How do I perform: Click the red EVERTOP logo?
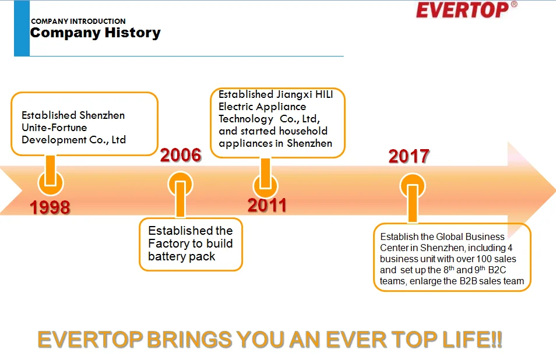click(x=462, y=10)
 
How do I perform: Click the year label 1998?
click(x=50, y=207)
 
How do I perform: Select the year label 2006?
click(x=181, y=155)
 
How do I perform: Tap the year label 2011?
click(x=267, y=205)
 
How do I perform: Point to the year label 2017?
click(x=409, y=156)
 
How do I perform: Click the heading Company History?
click(x=96, y=33)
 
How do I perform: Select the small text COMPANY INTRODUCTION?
click(x=78, y=21)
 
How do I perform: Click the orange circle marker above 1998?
click(x=51, y=183)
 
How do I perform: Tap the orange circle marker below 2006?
click(x=180, y=185)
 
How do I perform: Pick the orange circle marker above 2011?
click(x=265, y=186)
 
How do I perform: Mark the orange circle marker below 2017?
click(x=413, y=186)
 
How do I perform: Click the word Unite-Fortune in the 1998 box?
click(x=54, y=128)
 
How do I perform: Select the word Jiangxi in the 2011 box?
click(x=294, y=95)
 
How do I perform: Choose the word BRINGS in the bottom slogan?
click(x=190, y=339)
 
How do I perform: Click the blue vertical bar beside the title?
click(x=22, y=29)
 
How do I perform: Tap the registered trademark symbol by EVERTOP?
click(x=514, y=5)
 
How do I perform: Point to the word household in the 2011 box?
click(x=303, y=131)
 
